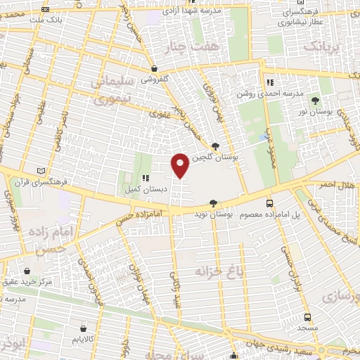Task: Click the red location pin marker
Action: pyautogui.click(x=181, y=165)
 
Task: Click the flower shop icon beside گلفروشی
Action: pyautogui.click(x=153, y=69)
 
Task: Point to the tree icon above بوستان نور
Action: pyautogui.click(x=314, y=101)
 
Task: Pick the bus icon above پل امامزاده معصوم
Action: pyautogui.click(x=269, y=203)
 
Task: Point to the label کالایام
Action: pyautogui.click(x=84, y=340)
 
